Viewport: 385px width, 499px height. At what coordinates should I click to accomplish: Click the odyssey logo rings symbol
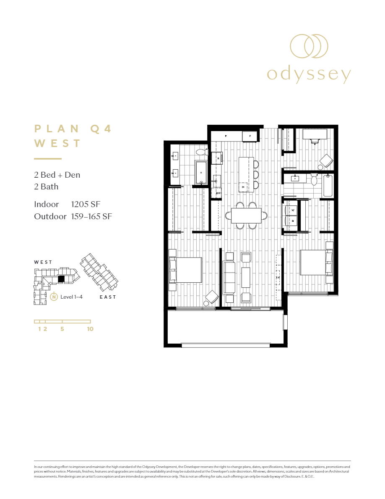pos(309,46)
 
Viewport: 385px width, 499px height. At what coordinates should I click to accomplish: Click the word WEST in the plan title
pos(57,143)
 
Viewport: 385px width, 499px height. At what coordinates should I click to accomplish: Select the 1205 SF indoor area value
pos(86,205)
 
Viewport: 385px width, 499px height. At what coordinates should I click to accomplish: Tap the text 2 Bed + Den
pos(57,175)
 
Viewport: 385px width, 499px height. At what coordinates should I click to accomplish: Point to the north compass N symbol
pos(54,297)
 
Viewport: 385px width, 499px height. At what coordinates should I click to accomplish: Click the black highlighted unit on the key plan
pos(61,278)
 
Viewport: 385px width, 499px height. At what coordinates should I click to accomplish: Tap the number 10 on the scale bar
pos(90,329)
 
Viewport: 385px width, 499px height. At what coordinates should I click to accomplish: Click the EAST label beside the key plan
pos(108,297)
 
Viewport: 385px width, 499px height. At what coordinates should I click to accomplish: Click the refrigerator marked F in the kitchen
pos(250,136)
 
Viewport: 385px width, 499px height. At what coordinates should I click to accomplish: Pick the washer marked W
pos(291,210)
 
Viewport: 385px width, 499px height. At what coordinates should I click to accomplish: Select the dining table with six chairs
pos(246,216)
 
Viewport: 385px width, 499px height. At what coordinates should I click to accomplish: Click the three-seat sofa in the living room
pos(229,278)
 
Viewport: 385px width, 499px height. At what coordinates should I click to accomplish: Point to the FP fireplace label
pos(278,278)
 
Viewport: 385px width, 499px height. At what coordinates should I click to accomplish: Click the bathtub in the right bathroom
pos(328,186)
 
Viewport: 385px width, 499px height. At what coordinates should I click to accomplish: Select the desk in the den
pos(315,134)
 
